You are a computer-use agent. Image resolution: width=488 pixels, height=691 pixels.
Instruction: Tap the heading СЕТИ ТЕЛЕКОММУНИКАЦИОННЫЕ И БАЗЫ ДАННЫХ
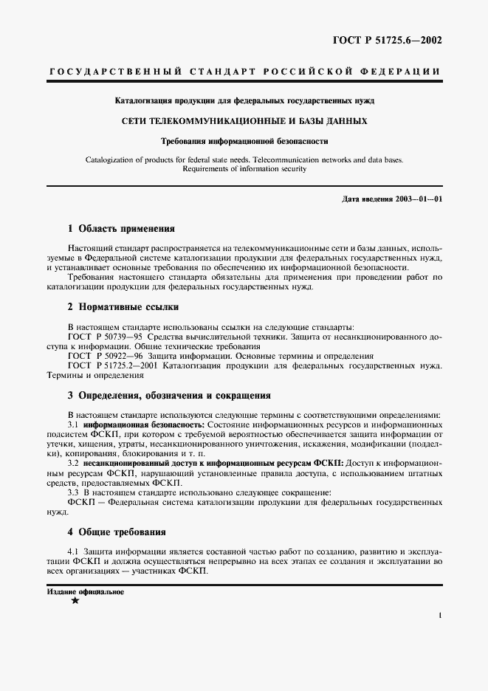pos(244,120)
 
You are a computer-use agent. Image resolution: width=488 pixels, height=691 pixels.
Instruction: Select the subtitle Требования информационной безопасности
pos(244,140)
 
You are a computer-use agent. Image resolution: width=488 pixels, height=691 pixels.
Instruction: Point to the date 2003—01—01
pos(418,199)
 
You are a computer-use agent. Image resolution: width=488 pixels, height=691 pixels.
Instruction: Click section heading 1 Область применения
pos(121,229)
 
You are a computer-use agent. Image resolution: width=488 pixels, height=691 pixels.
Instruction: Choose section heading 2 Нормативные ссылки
pos(123,307)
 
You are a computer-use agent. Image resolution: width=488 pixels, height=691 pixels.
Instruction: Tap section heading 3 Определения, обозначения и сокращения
pos(169,395)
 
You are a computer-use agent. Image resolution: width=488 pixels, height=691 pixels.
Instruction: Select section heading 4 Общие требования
pos(117,532)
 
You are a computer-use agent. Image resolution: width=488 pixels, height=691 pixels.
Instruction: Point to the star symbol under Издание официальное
pos(75,601)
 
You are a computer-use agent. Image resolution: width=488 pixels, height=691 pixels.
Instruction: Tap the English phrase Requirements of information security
pos(244,168)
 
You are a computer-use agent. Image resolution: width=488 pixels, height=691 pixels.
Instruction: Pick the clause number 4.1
pos(72,551)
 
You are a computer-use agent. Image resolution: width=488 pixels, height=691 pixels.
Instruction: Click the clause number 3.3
pos(72,492)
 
